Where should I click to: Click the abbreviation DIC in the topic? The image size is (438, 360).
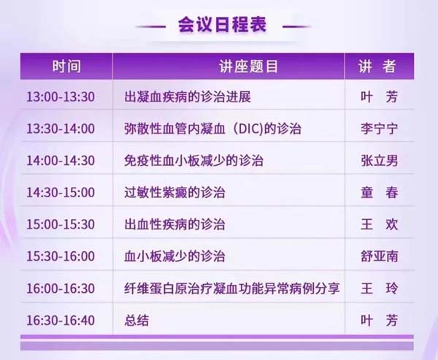click(x=250, y=129)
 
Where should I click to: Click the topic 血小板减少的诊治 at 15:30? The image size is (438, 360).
click(x=175, y=256)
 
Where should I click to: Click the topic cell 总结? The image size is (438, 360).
click(x=137, y=320)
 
